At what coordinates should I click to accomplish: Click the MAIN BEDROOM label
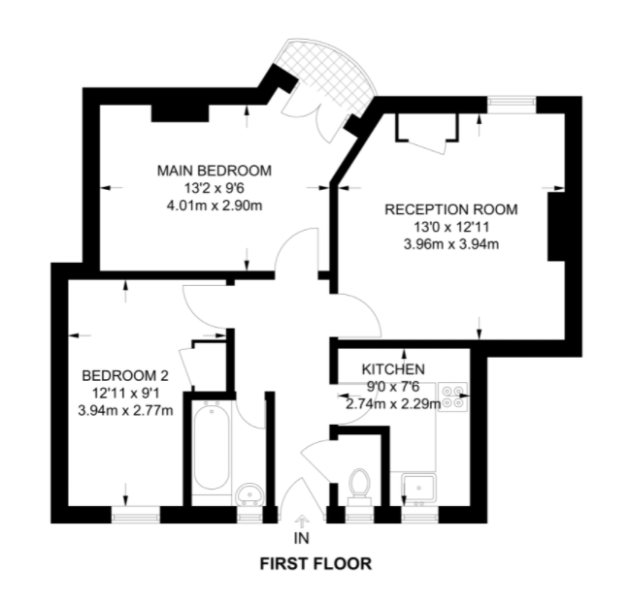click(x=215, y=171)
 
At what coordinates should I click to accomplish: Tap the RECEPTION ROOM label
click(x=450, y=208)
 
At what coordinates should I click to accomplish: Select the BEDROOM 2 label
click(x=125, y=375)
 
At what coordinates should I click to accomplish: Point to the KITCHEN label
click(x=393, y=369)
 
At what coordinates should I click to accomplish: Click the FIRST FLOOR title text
click(x=314, y=563)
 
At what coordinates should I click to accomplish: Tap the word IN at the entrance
click(x=301, y=538)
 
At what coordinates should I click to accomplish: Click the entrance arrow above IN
click(x=301, y=522)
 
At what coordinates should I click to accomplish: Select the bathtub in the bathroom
click(x=211, y=451)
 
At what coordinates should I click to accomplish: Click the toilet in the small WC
click(x=360, y=484)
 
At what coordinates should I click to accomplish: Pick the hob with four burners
click(x=453, y=397)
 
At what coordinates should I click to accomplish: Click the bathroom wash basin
click(x=249, y=495)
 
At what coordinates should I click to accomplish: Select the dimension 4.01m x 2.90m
click(x=215, y=206)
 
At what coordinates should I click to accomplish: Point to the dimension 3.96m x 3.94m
click(x=451, y=243)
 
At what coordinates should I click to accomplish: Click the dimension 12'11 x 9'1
click(x=126, y=393)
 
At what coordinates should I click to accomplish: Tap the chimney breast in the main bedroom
click(x=181, y=110)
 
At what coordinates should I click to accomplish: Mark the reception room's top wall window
click(x=512, y=101)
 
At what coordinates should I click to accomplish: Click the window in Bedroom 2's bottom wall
click(x=134, y=516)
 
